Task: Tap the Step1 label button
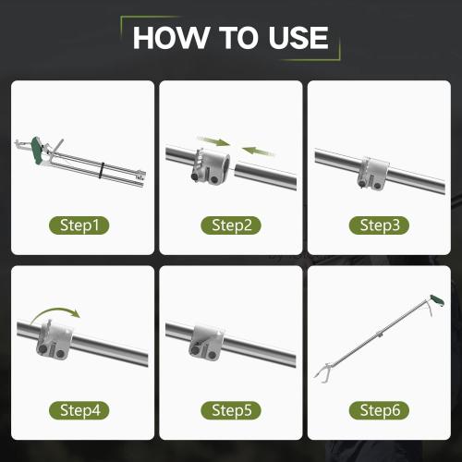tap(80, 225)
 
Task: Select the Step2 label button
tap(231, 225)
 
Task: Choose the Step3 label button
tap(379, 225)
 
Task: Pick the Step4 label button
tap(80, 409)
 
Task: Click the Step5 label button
tap(231, 409)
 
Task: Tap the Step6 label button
tap(379, 409)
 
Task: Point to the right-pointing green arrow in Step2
tap(215, 141)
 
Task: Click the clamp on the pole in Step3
tap(375, 170)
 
